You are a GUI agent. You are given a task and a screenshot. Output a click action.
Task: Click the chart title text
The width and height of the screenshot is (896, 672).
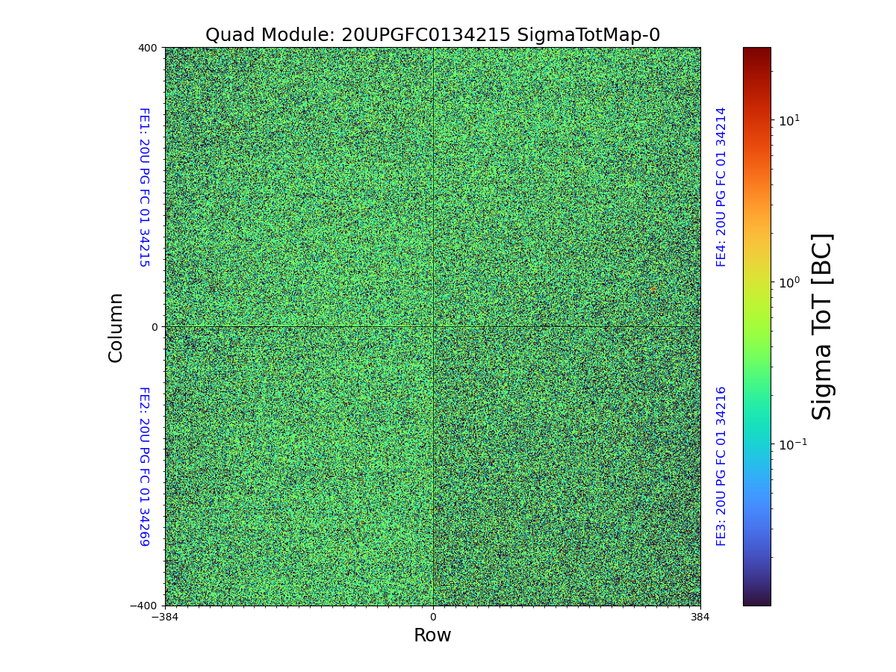[x=432, y=35]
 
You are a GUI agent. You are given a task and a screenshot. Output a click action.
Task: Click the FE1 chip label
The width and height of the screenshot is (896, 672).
[x=144, y=187]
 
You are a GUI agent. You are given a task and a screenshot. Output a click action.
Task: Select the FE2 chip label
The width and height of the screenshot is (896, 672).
[x=144, y=466]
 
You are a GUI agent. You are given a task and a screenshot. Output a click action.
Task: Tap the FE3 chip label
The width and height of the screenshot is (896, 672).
[x=721, y=466]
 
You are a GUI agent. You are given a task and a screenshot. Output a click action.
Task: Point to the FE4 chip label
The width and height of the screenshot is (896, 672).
[x=721, y=187]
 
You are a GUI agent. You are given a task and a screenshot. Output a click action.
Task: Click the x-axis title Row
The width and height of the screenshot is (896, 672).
[x=432, y=635]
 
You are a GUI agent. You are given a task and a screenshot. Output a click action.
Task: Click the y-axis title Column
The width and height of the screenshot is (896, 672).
[x=116, y=327]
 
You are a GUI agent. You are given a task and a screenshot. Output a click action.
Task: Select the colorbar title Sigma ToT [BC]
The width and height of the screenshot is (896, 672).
[x=822, y=326]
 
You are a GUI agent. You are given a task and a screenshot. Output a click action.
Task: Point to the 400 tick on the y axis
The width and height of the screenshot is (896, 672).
[x=148, y=48]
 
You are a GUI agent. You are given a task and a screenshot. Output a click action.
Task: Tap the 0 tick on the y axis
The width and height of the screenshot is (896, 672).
[x=155, y=327]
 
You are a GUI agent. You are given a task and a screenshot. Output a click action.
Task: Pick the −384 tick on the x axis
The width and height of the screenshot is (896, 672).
[x=165, y=617]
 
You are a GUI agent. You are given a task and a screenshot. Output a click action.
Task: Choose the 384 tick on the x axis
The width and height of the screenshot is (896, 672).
[x=700, y=617]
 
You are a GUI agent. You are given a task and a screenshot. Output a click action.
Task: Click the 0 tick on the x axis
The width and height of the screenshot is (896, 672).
[x=432, y=617]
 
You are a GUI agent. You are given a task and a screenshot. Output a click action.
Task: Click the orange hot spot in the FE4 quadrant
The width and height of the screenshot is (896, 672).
[x=653, y=290]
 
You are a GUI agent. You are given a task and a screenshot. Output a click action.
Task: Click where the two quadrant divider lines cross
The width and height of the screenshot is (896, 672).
[x=432, y=327]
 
